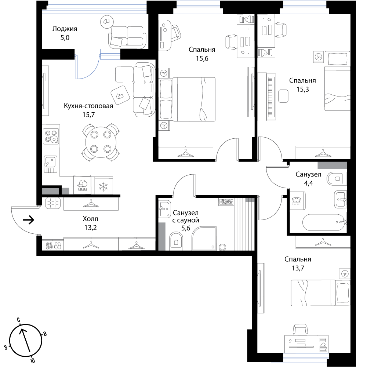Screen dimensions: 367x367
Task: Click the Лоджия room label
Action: coord(65,29)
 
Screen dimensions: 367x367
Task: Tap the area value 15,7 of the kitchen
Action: coord(88,115)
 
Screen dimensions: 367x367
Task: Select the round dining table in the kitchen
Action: coord(101,142)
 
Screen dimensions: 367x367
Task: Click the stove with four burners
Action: coord(51,137)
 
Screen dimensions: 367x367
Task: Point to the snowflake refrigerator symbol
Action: coord(103,187)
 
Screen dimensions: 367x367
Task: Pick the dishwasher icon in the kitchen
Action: coord(82,185)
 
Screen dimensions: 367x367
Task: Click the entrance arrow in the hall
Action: coord(29,220)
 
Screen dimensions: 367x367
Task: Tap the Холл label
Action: coord(90,219)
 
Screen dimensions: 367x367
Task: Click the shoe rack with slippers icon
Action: coord(53,246)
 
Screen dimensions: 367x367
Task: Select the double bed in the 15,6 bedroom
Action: coord(187,99)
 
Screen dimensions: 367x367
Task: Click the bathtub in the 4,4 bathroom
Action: coord(324,222)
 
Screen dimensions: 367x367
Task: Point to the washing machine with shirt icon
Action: coord(298,201)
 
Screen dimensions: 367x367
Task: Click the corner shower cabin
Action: coord(204,238)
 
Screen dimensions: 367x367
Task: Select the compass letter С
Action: coord(18,320)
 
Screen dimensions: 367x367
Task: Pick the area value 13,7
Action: coord(298,268)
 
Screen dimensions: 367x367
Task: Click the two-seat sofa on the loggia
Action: coord(127,37)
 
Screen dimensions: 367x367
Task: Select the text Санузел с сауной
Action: coord(186,217)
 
